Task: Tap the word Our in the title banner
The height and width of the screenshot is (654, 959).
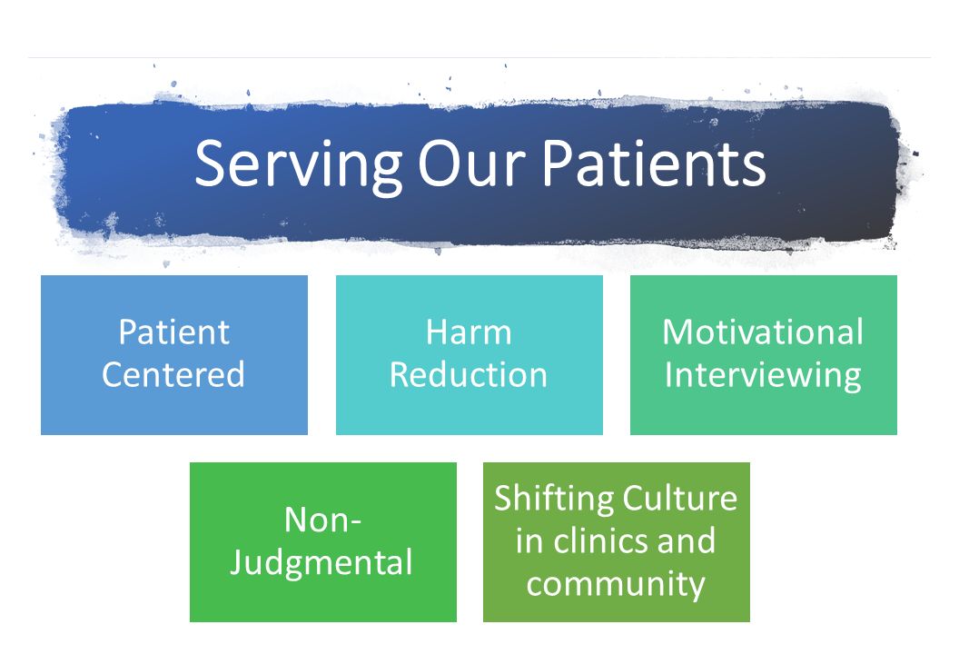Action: coord(471,163)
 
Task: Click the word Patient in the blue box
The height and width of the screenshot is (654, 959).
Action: coord(174,332)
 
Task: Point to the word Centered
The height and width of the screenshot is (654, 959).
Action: coord(173,374)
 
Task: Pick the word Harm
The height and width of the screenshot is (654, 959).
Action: coord(469,332)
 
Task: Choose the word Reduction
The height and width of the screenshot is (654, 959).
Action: coord(469,374)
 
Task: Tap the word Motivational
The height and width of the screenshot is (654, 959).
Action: coord(763,332)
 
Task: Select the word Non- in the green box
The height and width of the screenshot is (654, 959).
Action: coord(323,520)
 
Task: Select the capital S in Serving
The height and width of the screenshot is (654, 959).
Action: coord(209,163)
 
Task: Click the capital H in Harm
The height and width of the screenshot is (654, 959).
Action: coord(438,332)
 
